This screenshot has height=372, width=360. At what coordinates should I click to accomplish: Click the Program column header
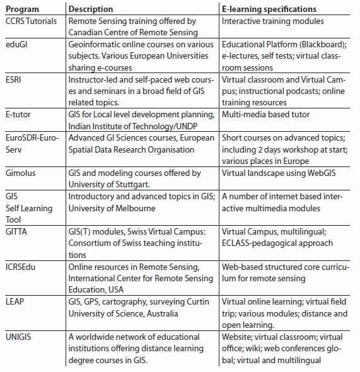point(22,9)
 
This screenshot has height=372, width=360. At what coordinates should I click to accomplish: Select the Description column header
point(91,9)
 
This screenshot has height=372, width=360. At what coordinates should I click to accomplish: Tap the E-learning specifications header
point(269,9)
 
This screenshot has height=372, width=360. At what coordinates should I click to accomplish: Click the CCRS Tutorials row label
point(31,21)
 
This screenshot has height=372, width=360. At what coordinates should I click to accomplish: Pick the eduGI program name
point(16,44)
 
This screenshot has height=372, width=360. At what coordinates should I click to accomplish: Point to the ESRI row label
point(13,79)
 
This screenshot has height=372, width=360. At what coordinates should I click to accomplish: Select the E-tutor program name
point(18,115)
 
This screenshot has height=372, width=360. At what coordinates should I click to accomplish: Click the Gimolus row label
point(21,173)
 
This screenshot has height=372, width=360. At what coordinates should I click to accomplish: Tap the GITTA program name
point(16,232)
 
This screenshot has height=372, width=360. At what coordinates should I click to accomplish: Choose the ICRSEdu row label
point(20,267)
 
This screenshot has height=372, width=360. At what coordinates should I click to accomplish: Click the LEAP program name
point(15,302)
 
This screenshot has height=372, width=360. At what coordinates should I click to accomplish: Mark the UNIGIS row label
point(18,337)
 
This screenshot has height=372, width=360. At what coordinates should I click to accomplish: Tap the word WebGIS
point(322,173)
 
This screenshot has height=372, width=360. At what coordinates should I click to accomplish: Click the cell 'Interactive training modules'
point(273,21)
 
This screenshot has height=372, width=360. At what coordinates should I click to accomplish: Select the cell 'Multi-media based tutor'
point(265,115)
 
